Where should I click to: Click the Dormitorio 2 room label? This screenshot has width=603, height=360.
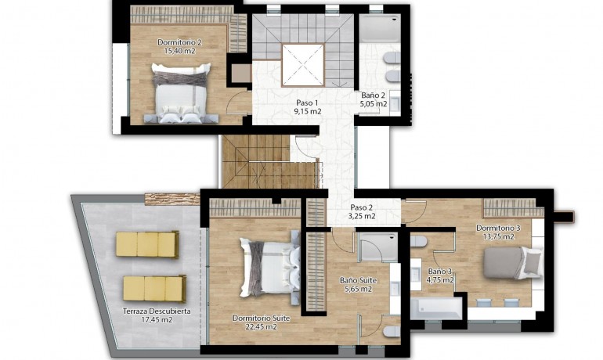pos(179,42)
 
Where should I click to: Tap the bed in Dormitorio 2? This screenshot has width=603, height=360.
pos(181,93)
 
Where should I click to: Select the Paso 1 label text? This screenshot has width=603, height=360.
pos(307,103)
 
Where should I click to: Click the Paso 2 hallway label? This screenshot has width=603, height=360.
pos(361,207)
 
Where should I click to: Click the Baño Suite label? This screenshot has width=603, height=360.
pos(358,279)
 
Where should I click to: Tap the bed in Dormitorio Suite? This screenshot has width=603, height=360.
pos(269,267)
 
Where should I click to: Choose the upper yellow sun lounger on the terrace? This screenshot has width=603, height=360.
pos(147,244)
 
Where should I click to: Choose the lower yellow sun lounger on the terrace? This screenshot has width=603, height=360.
pos(153,288)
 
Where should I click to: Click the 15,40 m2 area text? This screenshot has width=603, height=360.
pos(179,51)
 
